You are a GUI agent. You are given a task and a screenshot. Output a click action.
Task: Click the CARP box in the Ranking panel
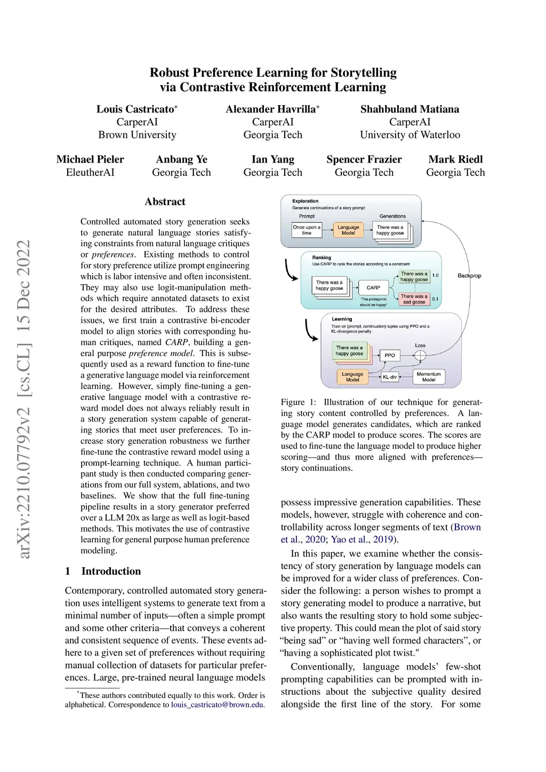[x=373, y=287]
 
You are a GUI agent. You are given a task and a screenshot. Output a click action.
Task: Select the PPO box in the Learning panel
[x=390, y=355]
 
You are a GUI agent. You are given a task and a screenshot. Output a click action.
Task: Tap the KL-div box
[x=390, y=377]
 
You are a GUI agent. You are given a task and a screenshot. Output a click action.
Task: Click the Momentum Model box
[x=429, y=377]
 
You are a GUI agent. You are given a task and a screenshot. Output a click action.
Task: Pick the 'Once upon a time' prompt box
[x=307, y=230]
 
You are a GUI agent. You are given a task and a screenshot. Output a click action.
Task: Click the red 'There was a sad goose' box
[x=414, y=299]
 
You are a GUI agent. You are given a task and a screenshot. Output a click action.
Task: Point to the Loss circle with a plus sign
[x=420, y=356]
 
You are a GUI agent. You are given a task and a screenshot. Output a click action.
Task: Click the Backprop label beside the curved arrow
[x=469, y=276]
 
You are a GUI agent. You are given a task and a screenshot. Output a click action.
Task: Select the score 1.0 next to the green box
[x=435, y=275]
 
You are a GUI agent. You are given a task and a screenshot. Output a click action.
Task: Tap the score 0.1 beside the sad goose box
[x=435, y=299]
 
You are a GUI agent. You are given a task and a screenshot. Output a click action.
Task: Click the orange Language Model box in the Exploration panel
[x=348, y=230]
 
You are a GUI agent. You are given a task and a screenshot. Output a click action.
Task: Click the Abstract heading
[x=165, y=202]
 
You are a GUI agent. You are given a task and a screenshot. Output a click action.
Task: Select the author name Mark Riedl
[x=455, y=159]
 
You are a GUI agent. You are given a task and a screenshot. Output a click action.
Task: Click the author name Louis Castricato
[x=135, y=109]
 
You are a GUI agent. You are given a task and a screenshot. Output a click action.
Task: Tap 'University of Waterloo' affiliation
[x=409, y=135]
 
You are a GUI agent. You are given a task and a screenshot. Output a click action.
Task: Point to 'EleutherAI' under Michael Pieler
[x=90, y=172]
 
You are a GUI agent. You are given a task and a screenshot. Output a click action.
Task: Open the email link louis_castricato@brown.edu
[x=217, y=704]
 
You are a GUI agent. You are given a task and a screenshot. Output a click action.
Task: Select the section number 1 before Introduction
[x=68, y=571]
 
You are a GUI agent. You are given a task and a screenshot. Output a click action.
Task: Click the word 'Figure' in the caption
[x=293, y=402]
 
